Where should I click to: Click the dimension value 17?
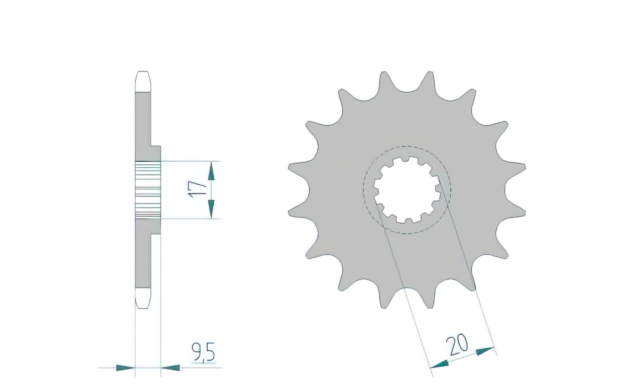click(x=199, y=190)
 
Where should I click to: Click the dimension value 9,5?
click(x=204, y=353)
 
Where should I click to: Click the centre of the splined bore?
click(x=407, y=190)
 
